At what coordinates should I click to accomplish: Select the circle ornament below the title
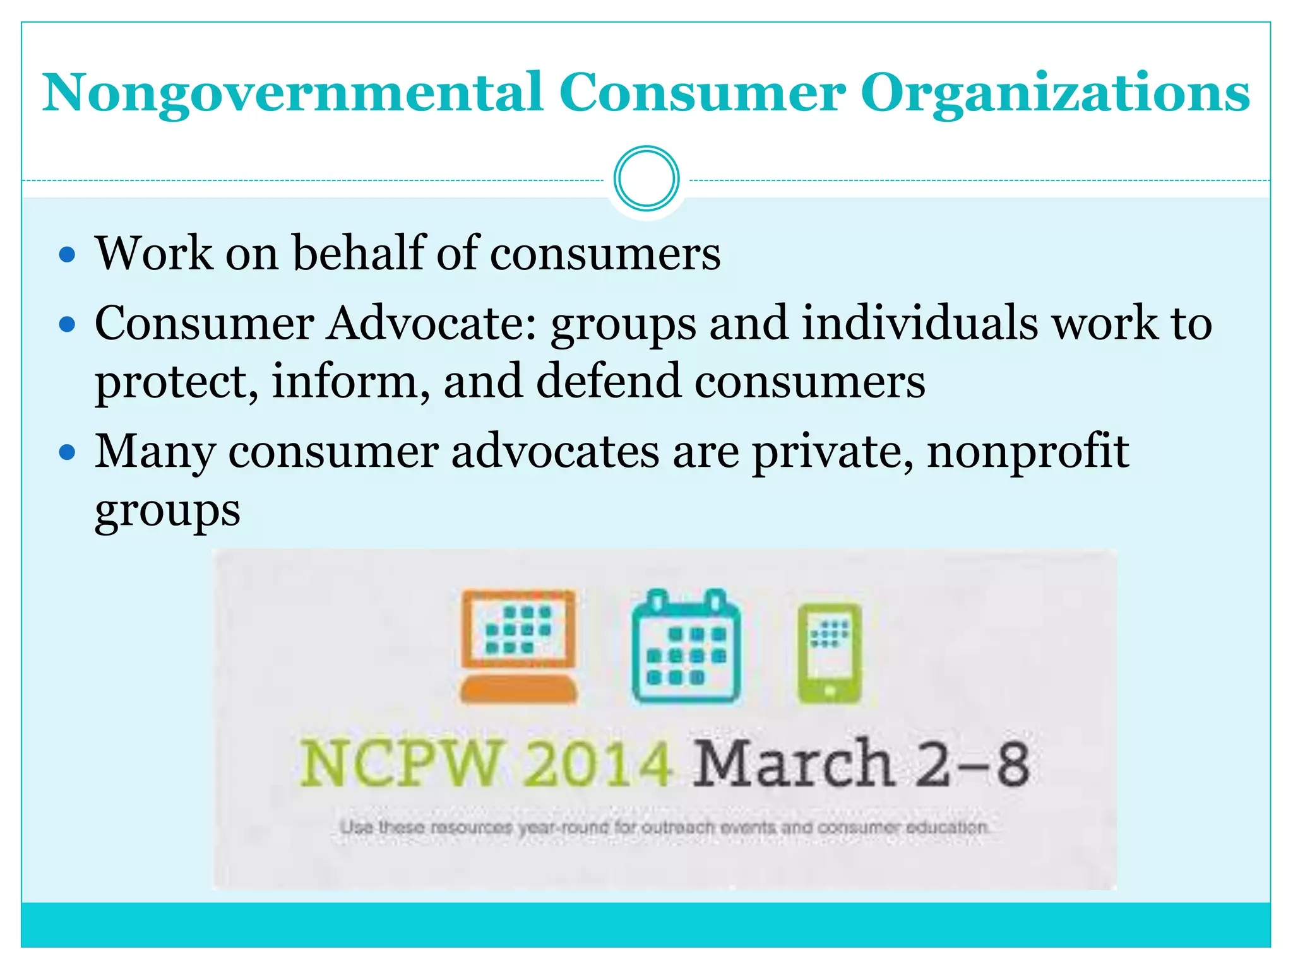pyautogui.click(x=646, y=179)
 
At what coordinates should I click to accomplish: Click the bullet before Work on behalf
pyautogui.click(x=67, y=255)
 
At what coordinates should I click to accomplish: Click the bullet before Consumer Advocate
pyautogui.click(x=67, y=325)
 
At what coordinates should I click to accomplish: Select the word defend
pyautogui.click(x=609, y=381)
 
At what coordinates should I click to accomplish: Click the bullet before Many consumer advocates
pyautogui.click(x=67, y=452)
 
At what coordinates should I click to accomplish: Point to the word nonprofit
pyautogui.click(x=1028, y=452)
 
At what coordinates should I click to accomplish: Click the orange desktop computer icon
pyautogui.click(x=518, y=646)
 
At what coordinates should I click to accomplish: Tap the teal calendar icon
pyautogui.click(x=686, y=646)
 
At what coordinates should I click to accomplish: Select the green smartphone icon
pyautogui.click(x=829, y=652)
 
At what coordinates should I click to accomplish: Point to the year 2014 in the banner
pyautogui.click(x=597, y=764)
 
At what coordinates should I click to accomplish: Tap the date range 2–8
pyautogui.click(x=972, y=764)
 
